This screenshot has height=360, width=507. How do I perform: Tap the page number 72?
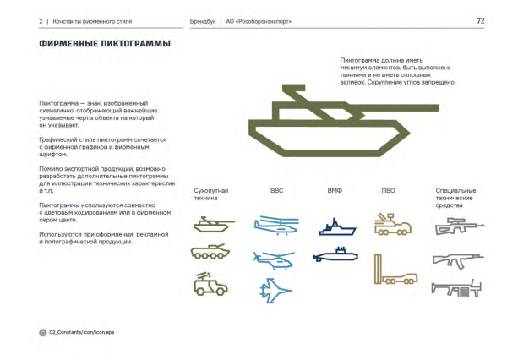point(480,19)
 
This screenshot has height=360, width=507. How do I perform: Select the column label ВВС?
point(277,191)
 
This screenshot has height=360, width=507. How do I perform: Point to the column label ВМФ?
point(335,191)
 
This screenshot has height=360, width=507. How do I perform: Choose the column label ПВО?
point(389,191)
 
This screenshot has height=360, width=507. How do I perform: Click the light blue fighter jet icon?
point(277,292)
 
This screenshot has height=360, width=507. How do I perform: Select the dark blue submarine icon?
point(335,254)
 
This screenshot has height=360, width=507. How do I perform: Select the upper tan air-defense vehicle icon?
point(391,224)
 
